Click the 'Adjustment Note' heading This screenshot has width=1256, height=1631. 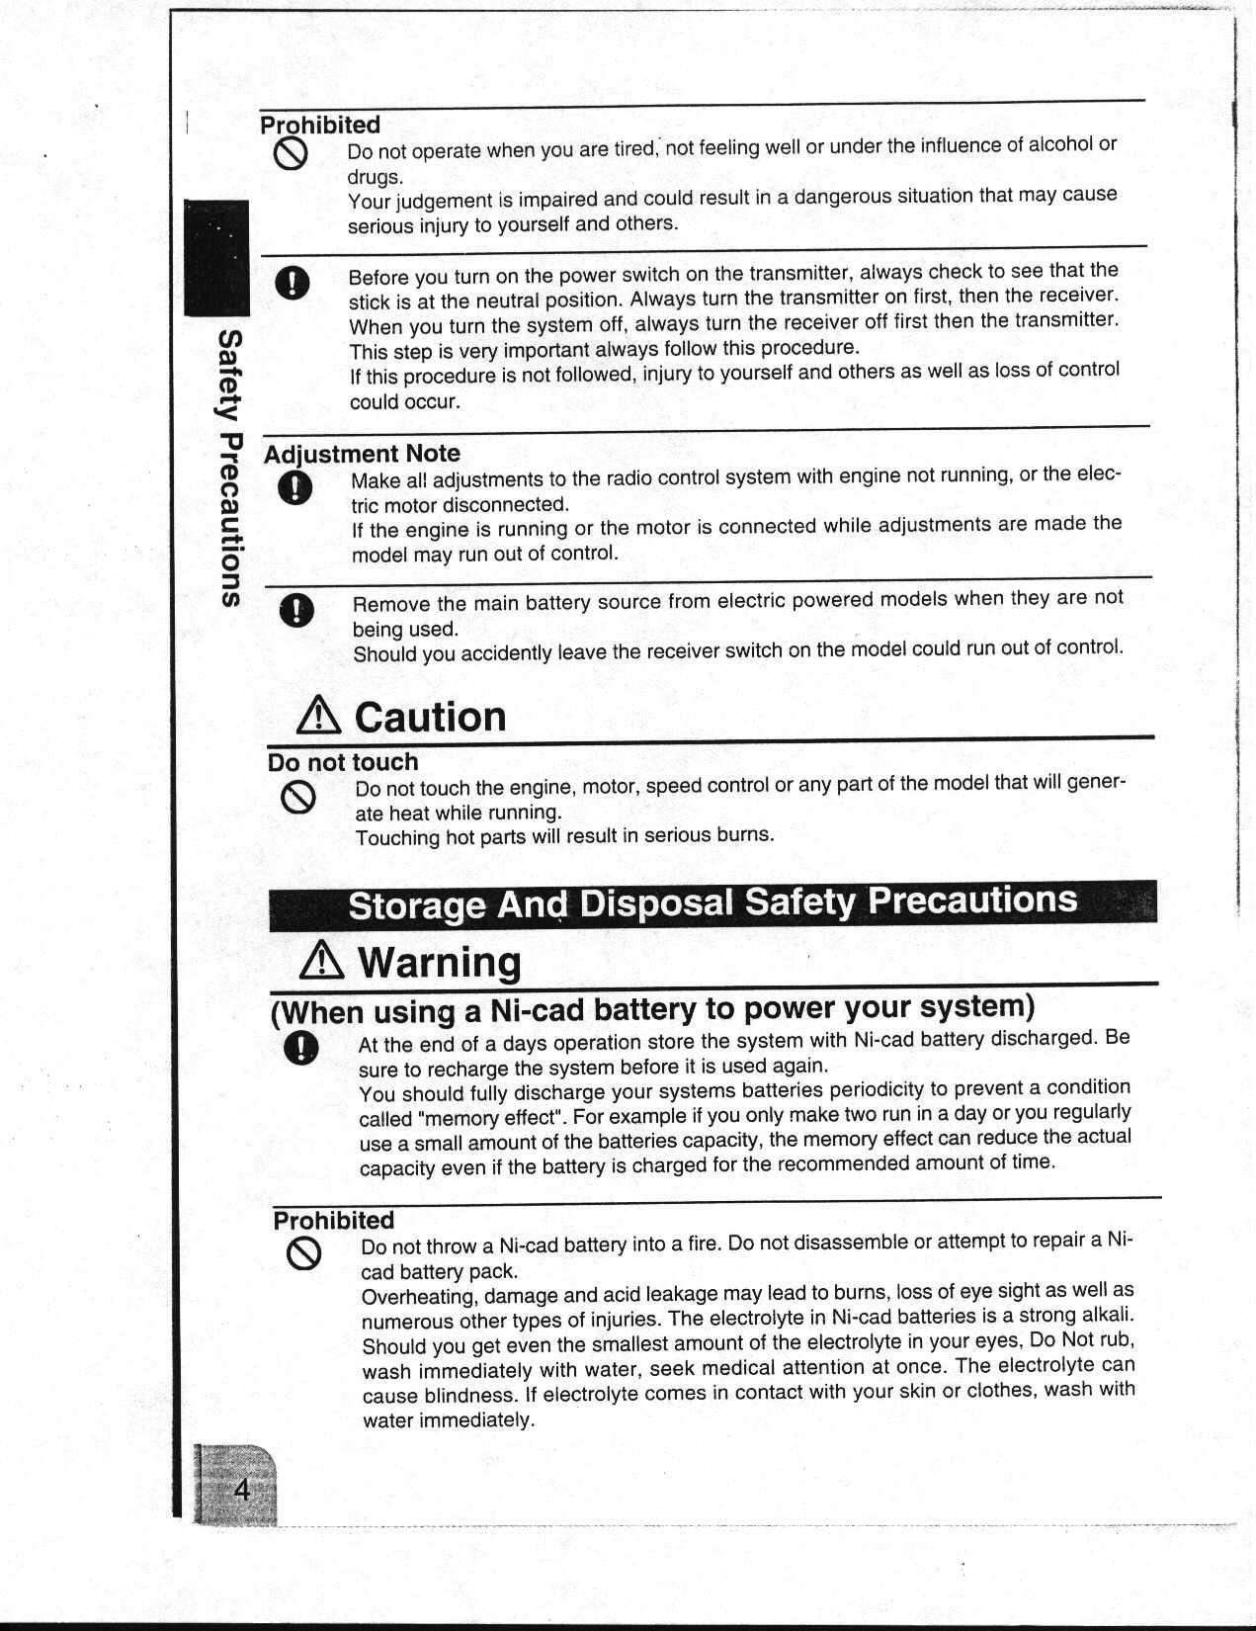pos(362,454)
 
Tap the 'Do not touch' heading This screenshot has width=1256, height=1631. pos(343,762)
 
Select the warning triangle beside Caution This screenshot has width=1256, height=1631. pos(319,717)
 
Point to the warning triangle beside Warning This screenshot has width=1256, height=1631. pos(324,961)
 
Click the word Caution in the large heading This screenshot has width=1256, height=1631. pos(430,717)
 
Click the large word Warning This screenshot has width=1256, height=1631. pos(439,962)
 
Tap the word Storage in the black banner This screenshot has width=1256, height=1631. pos(416,905)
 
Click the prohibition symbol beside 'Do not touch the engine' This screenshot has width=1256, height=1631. pos(297,797)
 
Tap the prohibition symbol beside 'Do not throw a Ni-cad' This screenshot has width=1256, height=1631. pos(303,1253)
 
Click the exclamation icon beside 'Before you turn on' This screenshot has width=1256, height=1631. pos(293,284)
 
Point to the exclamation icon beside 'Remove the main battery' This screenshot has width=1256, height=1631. pos(296,611)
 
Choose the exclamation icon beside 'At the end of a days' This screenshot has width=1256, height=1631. pos(300,1048)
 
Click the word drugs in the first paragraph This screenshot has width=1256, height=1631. pos(376,177)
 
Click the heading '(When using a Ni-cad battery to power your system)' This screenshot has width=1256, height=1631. pos(652,1009)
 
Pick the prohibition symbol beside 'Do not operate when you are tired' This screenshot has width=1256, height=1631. pos(292,153)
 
